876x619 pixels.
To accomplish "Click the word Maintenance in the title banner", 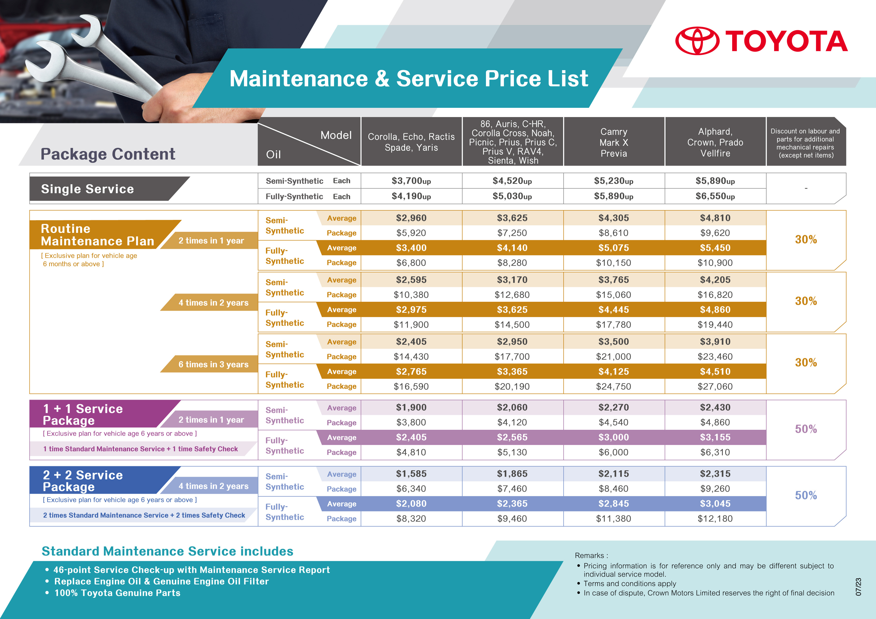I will (x=298, y=79).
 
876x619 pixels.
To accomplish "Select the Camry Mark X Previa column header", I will (x=614, y=142).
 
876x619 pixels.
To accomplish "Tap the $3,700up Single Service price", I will (x=411, y=181).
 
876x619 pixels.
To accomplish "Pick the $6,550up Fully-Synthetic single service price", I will (x=715, y=196).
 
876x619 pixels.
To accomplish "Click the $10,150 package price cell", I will (x=614, y=263).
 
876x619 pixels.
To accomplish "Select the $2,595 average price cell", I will (x=411, y=280).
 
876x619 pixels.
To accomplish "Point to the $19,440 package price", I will (x=715, y=324).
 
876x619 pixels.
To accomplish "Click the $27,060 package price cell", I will (x=715, y=386).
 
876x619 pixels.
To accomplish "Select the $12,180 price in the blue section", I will (x=715, y=519).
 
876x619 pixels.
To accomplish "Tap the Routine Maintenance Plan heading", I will (x=97, y=235).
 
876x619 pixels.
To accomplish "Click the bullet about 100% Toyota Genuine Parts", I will (x=117, y=593).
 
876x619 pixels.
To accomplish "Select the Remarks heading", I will (x=591, y=556).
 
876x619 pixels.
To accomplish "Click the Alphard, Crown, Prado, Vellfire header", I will (x=715, y=142).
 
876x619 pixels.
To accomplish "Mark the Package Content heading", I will (x=108, y=154).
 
